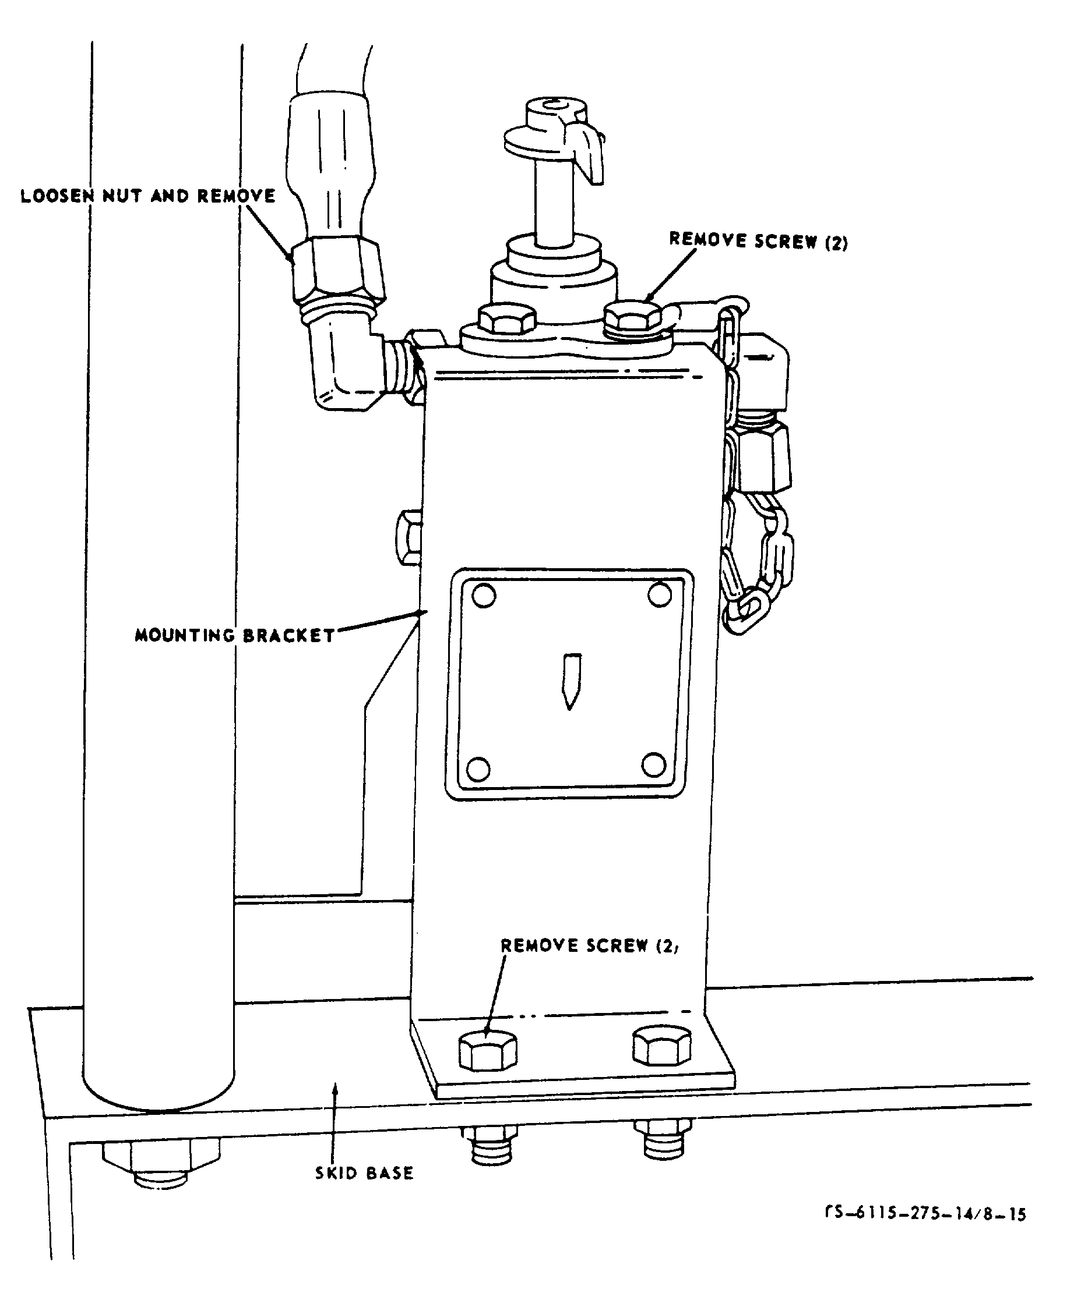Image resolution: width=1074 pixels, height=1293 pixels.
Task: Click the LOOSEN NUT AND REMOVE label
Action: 148,196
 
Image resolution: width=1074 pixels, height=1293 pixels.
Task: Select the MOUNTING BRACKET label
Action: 235,635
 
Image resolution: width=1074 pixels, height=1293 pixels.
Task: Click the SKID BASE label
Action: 364,1172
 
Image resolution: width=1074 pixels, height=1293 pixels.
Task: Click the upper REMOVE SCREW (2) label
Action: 759,241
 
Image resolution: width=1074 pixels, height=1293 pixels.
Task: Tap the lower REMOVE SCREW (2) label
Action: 590,945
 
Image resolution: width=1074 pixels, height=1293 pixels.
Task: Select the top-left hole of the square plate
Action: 483,596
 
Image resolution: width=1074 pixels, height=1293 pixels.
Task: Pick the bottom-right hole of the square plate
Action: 654,766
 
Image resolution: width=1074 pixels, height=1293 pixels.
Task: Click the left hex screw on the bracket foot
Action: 488,1048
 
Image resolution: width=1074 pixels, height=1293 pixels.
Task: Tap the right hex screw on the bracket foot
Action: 662,1046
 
